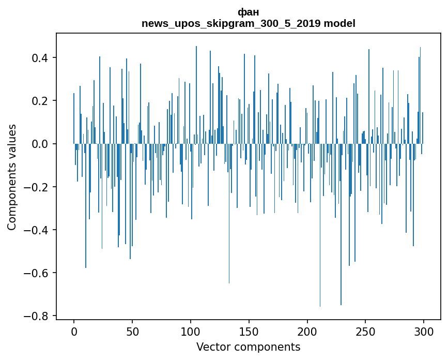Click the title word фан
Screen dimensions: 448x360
(x=248, y=12)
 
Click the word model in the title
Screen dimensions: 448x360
(x=339, y=23)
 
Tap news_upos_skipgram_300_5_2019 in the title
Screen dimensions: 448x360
(x=231, y=24)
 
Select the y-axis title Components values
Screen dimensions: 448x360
(x=12, y=177)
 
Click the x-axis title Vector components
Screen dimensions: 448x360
(x=248, y=347)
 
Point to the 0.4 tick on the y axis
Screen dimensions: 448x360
(x=40, y=58)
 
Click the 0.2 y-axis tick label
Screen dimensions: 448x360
(x=40, y=101)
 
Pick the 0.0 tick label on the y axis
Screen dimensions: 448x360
(x=40, y=144)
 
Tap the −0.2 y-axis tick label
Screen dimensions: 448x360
(x=36, y=187)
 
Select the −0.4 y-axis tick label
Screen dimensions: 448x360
(x=36, y=230)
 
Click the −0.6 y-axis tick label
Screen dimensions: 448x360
(x=36, y=273)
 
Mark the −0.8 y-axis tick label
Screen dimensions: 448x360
(x=36, y=316)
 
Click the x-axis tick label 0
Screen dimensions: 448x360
(x=74, y=332)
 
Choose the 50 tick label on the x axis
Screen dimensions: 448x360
(x=132, y=332)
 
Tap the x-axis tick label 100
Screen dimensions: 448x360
(x=191, y=332)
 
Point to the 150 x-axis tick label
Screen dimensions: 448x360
(x=249, y=332)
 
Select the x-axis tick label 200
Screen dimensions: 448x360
(x=307, y=332)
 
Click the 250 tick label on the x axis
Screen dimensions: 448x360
(x=365, y=332)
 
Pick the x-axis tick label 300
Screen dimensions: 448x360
(x=424, y=332)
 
